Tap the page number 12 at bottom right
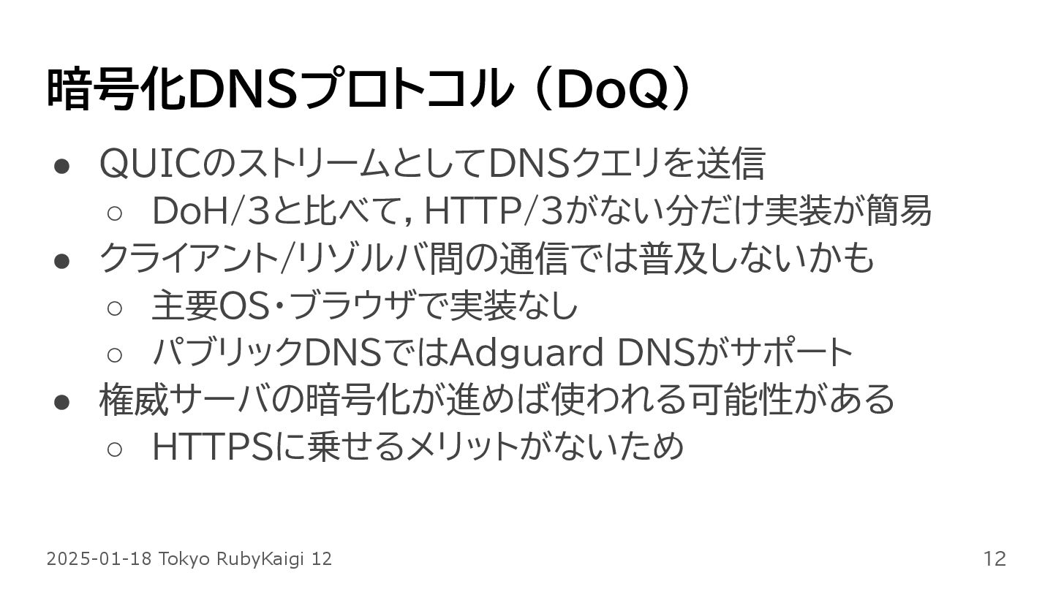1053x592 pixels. click(994, 559)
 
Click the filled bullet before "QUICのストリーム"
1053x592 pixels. click(61, 165)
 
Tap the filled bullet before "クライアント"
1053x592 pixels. click(61, 260)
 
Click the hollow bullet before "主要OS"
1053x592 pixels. click(114, 308)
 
